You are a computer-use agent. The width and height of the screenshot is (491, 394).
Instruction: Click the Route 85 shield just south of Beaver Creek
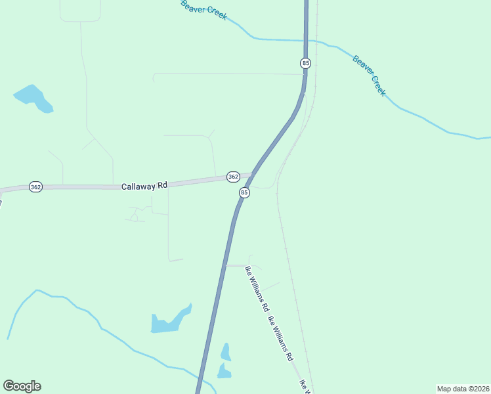click(x=305, y=63)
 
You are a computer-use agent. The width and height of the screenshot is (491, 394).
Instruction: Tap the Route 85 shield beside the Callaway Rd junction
click(x=244, y=192)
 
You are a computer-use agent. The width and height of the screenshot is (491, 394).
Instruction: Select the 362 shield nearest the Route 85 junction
click(x=233, y=177)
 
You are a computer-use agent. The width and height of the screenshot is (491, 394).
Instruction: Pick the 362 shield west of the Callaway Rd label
click(x=35, y=187)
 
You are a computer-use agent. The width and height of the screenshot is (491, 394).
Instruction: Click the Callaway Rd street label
click(x=144, y=186)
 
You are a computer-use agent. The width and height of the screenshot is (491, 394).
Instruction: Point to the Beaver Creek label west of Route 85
click(x=204, y=10)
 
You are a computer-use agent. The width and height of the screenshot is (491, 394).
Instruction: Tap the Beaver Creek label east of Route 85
click(x=370, y=76)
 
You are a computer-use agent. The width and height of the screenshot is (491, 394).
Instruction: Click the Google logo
click(x=22, y=386)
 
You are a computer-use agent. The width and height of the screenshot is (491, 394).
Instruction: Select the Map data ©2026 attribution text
click(x=463, y=388)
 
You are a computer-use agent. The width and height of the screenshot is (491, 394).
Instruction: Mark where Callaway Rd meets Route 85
click(x=251, y=175)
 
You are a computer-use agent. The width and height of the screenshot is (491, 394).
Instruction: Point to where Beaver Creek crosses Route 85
click(x=305, y=41)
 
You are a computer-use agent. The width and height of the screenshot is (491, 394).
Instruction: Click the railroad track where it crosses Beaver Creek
click(x=316, y=41)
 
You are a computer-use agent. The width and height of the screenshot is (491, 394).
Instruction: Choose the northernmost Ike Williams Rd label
click(x=257, y=288)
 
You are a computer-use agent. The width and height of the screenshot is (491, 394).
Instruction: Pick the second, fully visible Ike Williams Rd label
click(x=280, y=339)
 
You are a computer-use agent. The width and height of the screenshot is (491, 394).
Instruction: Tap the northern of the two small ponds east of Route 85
click(x=226, y=352)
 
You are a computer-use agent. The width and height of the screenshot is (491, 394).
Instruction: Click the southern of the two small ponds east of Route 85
click(x=224, y=372)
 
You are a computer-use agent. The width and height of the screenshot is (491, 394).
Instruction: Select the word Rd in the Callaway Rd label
click(x=161, y=185)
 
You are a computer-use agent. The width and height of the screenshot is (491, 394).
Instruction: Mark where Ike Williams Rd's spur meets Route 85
click(x=224, y=265)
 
